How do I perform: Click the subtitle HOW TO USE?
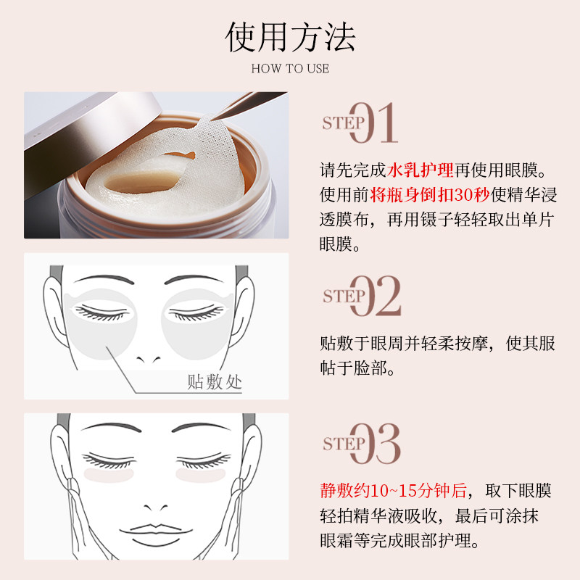[x=290, y=69]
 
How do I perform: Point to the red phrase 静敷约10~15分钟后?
[x=394, y=491]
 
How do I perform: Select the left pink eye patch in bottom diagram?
[x=104, y=475]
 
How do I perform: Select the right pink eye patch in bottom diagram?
[x=198, y=475]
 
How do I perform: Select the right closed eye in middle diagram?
[x=196, y=311]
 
